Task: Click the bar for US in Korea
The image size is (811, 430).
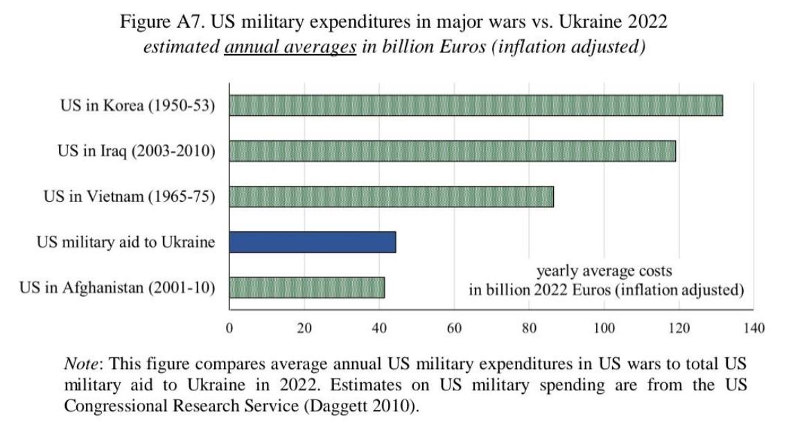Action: point(476,105)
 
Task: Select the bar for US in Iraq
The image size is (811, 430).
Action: point(452,150)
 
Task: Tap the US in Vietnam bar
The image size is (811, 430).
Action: point(391,196)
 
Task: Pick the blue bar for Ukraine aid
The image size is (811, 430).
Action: point(312,242)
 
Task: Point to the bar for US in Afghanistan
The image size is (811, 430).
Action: point(306,287)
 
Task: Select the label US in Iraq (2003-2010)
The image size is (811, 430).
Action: point(136,151)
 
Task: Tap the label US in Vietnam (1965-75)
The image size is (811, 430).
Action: point(130,197)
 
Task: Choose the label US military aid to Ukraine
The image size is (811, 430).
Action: point(125,242)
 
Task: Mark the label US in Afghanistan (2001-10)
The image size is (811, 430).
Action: point(117,287)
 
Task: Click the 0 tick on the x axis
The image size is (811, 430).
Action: point(229,328)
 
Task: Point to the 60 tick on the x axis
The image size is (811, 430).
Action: point(455,328)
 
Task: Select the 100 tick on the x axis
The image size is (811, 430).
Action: point(604,328)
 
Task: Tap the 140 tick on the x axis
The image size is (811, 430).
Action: point(754,328)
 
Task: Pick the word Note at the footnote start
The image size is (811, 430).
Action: point(80,364)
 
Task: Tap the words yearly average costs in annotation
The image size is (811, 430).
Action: point(604,271)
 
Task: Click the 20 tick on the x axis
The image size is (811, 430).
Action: point(304,328)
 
